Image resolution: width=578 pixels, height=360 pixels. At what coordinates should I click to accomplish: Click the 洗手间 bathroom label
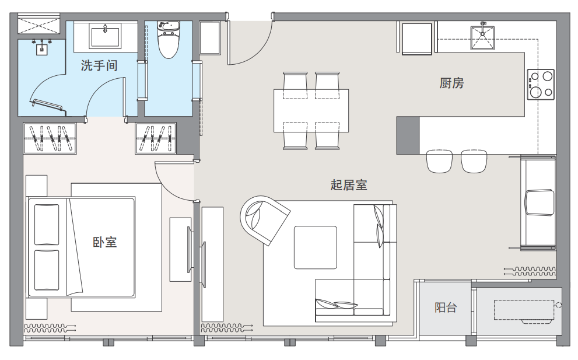[x=99, y=66]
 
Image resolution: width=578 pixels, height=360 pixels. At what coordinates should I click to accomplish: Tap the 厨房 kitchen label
[x=451, y=83]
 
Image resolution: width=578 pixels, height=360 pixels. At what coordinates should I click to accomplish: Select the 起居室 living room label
[x=349, y=185]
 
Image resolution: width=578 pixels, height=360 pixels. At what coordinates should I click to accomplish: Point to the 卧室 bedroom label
[x=104, y=242]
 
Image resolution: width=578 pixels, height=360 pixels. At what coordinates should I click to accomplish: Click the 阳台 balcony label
[x=446, y=307]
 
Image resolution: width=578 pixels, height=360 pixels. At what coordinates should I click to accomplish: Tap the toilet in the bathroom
[x=169, y=40]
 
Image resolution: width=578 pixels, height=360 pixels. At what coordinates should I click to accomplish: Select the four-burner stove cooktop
[x=541, y=85]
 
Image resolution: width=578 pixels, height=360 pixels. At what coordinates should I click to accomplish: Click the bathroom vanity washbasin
[x=106, y=36]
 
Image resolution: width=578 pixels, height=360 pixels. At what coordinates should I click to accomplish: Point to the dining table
[x=311, y=110]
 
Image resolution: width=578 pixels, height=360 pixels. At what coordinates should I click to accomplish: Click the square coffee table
[x=315, y=247]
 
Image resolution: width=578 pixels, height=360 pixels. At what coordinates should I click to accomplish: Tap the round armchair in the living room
[x=264, y=219]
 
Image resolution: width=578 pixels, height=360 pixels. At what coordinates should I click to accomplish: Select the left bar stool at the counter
[x=439, y=161]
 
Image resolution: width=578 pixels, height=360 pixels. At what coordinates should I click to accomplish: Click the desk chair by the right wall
[x=540, y=202]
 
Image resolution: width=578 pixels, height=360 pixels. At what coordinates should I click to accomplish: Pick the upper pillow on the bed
[x=47, y=224]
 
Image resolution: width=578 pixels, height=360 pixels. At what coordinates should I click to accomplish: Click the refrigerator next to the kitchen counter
[x=417, y=39]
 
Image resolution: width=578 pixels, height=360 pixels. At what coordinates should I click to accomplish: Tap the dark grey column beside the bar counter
[x=408, y=135]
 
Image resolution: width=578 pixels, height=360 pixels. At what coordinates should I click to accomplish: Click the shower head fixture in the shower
[x=41, y=48]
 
